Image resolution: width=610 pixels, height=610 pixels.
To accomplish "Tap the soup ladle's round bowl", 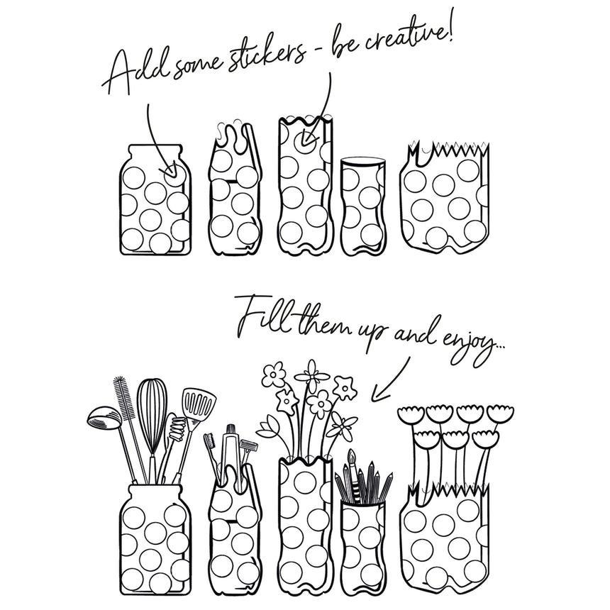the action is [102, 416].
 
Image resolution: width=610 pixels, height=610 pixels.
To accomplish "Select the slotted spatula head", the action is [199, 403].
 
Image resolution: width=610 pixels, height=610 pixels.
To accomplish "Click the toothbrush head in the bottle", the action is [210, 441].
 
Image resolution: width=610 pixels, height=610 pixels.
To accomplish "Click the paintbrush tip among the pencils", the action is [352, 455].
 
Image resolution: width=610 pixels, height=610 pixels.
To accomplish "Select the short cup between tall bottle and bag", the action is [363, 206].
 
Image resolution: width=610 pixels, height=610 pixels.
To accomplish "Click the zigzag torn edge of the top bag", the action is [448, 150].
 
